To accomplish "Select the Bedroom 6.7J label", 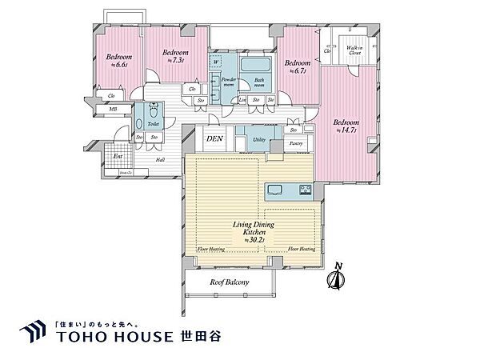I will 297,66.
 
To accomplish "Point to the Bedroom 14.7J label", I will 346,126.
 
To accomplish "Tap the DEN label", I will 214,139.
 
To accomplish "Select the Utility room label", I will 260,139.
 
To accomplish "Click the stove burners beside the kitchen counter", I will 305,190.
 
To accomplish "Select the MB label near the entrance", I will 113,110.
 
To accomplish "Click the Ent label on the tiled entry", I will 118,156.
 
